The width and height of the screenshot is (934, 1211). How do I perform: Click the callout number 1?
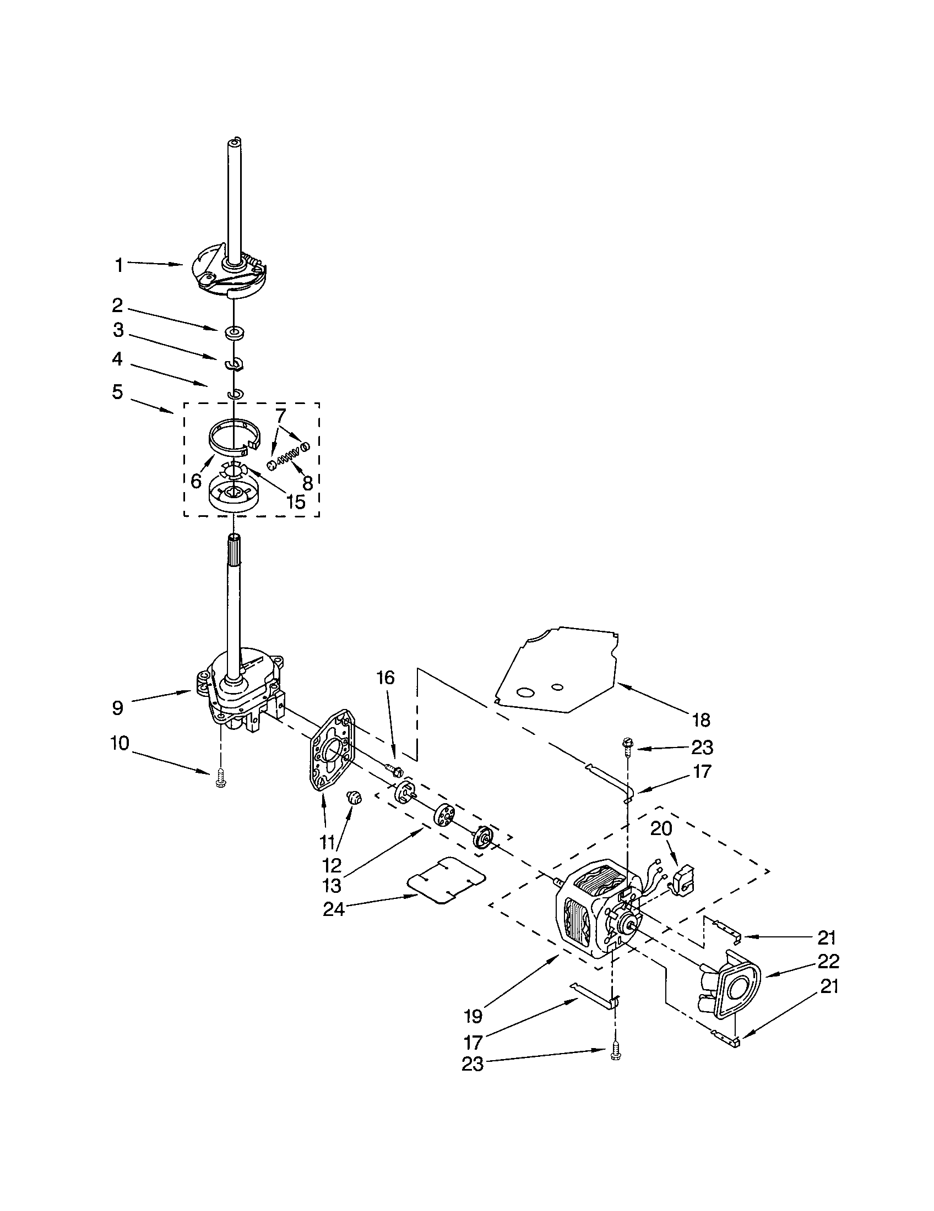[x=119, y=266]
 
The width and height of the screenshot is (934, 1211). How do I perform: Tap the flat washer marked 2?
[x=236, y=332]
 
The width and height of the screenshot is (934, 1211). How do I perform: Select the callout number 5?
[x=117, y=391]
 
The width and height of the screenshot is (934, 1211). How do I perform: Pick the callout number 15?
[x=295, y=502]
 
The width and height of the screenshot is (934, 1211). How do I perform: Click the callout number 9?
[x=117, y=708]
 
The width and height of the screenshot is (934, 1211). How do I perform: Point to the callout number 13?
[x=332, y=886]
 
